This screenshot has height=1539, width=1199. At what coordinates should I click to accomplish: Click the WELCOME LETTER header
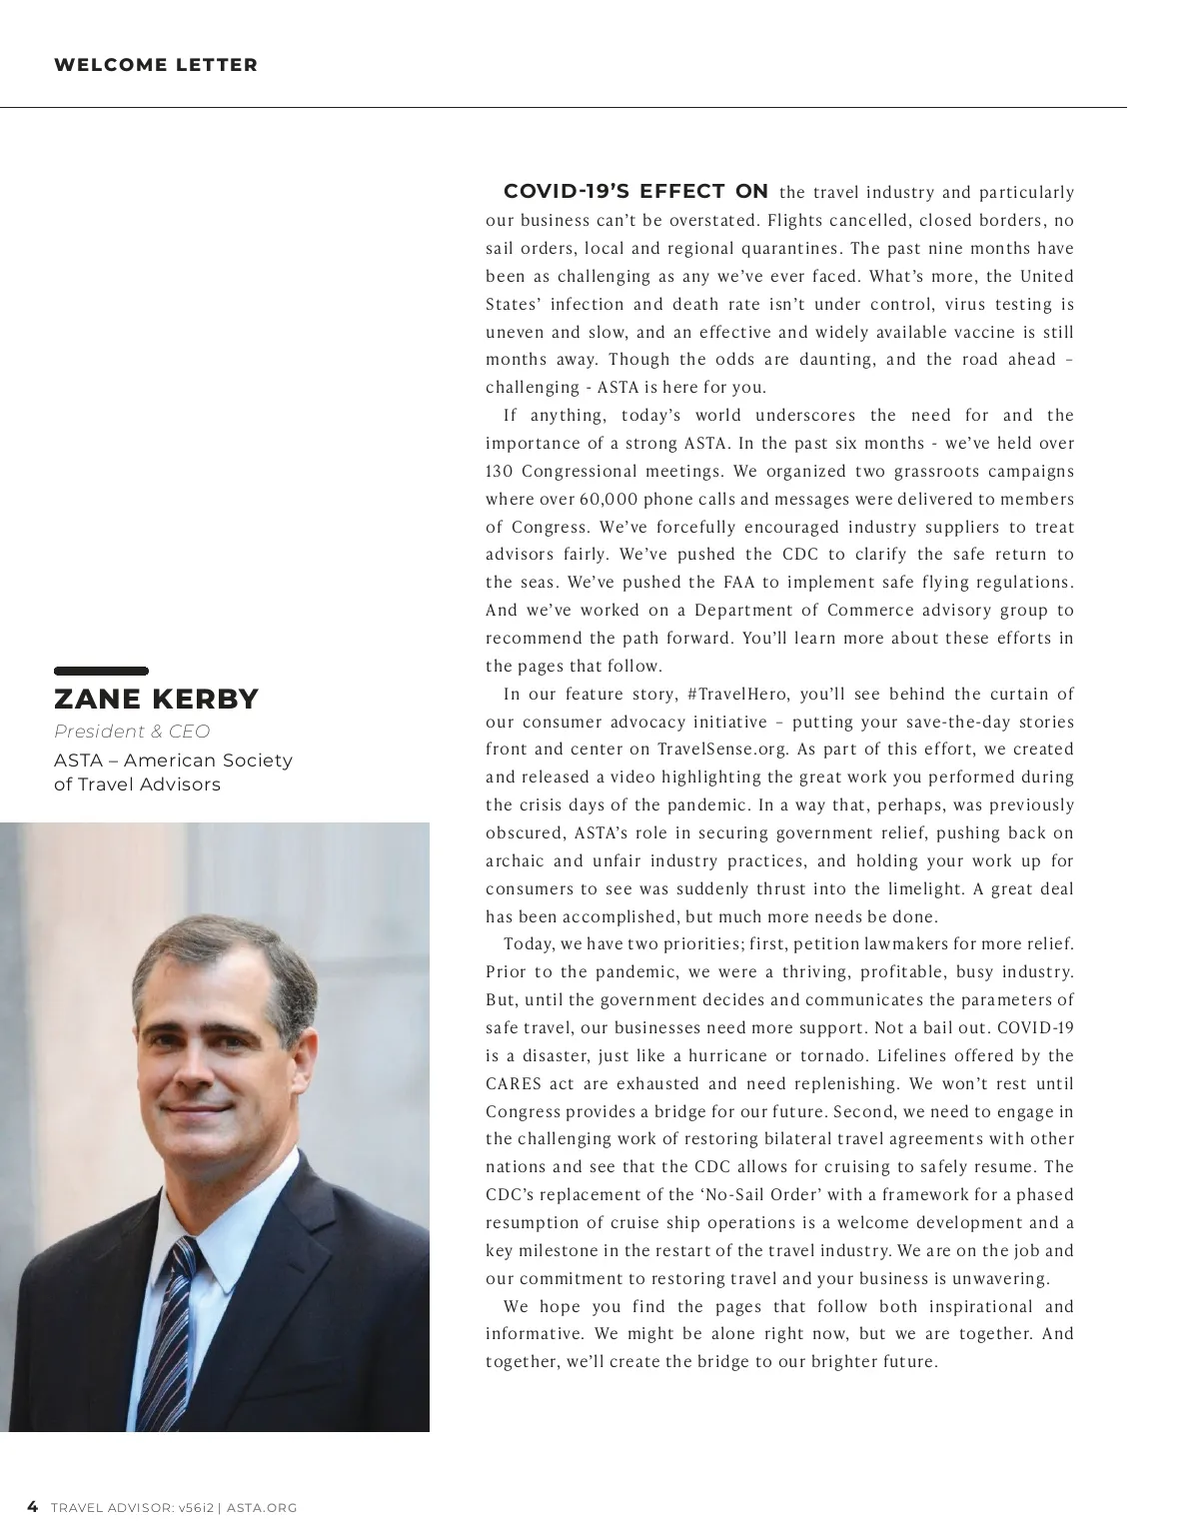point(156,65)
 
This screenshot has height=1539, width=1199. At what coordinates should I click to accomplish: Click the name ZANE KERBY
point(156,699)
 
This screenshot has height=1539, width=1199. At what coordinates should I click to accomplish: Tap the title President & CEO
point(132,732)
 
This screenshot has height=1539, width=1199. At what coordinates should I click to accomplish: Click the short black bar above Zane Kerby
point(101,671)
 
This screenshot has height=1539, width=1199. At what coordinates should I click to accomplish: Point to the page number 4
point(33,1507)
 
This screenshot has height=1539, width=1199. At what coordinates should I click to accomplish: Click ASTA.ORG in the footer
point(262,1508)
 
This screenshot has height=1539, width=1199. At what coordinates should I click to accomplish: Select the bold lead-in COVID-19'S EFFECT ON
point(635,192)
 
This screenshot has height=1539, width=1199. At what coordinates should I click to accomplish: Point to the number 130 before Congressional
point(499,472)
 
